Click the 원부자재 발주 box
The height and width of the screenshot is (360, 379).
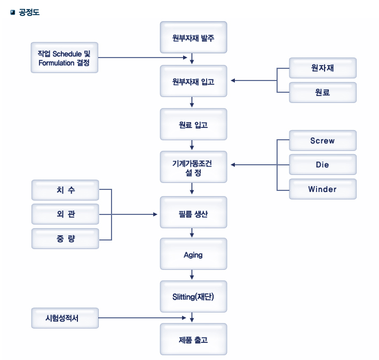pyautogui.click(x=193, y=38)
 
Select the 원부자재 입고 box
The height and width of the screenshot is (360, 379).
pyautogui.click(x=193, y=81)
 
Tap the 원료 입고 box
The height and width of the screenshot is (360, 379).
pyautogui.click(x=193, y=125)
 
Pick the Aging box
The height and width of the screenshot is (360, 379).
pyautogui.click(x=193, y=254)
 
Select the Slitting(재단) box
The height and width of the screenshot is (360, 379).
pyautogui.click(x=193, y=297)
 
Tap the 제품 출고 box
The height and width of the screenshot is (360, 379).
pyautogui.click(x=193, y=339)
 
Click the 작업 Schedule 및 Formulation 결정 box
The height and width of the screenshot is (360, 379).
pyautogui.click(x=64, y=58)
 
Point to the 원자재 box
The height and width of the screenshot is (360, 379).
pyautogui.click(x=322, y=68)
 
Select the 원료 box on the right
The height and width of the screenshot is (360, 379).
pyautogui.click(x=322, y=92)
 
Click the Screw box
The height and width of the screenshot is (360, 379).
pyautogui.click(x=322, y=141)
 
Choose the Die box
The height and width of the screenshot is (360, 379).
pyautogui.click(x=322, y=165)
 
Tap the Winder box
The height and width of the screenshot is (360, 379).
pyautogui.click(x=322, y=189)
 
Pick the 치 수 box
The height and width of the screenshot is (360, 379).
pyautogui.click(x=65, y=190)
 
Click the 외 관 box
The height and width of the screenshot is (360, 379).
pyautogui.click(x=65, y=214)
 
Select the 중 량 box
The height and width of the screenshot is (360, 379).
pyautogui.click(x=65, y=238)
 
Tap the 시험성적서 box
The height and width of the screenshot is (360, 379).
pyautogui.click(x=65, y=318)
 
